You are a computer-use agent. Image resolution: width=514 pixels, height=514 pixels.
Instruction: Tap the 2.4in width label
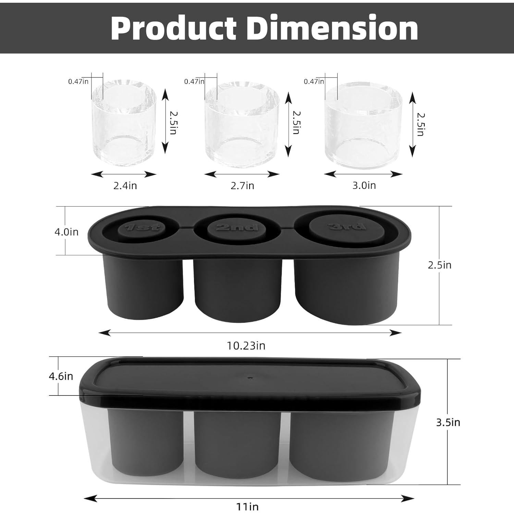coord(125,186)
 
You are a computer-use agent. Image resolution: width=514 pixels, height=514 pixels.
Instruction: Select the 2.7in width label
coord(242,186)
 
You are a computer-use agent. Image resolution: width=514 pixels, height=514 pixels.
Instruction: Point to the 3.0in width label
coord(364,185)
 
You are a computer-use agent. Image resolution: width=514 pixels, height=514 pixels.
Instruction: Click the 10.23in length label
coord(246,346)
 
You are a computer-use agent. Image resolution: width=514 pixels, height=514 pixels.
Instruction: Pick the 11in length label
coord(248,506)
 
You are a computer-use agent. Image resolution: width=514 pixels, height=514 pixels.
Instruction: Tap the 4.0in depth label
coord(66,232)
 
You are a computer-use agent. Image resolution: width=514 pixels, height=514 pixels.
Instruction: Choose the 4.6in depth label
coord(61,376)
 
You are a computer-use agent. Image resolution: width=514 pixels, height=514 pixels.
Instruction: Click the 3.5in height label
coord(448,423)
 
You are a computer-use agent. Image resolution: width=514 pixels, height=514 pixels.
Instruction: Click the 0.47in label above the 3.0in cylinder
coord(314,82)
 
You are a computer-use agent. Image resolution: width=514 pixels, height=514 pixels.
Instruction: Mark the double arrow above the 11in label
coord(249,498)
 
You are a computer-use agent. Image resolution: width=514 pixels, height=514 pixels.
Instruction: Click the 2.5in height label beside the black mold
coord(439,265)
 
